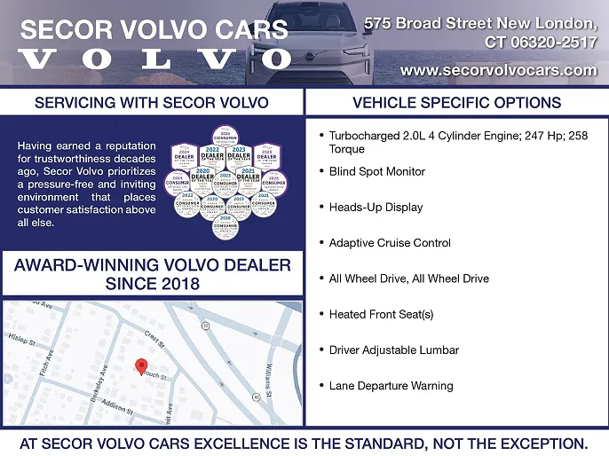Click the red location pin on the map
140,366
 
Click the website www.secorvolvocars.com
498,70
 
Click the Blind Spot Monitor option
376,171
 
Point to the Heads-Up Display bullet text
376,207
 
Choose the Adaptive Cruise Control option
390,243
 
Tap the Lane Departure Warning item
391,386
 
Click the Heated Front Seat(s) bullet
381,314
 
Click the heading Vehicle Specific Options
456,102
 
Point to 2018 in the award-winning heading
177,285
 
